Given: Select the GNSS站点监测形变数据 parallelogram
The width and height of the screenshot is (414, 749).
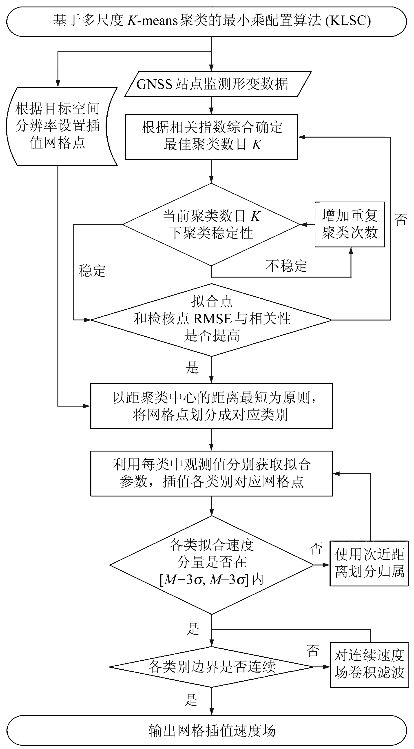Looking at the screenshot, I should (212, 84).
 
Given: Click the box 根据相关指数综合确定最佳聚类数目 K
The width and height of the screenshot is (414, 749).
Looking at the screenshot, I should (212, 137).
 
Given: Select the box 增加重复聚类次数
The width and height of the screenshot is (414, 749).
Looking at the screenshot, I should (350, 224).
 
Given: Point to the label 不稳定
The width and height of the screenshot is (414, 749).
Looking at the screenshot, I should (286, 266).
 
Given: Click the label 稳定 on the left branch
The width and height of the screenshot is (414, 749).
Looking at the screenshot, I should (92, 271).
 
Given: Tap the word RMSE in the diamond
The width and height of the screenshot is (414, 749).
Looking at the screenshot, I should (212, 319).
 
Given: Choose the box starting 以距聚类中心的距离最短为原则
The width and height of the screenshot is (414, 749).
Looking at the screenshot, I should (212, 406).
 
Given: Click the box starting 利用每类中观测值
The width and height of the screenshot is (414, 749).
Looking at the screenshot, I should (212, 473).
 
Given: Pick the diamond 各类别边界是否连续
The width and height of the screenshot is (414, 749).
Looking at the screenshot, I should (212, 667).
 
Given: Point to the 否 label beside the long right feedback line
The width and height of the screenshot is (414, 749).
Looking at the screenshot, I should (401, 219).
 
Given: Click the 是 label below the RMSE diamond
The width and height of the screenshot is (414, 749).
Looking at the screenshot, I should (192, 367).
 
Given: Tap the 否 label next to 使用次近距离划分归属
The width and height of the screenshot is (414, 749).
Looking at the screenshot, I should (316, 548).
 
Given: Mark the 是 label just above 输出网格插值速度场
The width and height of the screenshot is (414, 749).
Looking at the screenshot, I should (191, 700).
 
